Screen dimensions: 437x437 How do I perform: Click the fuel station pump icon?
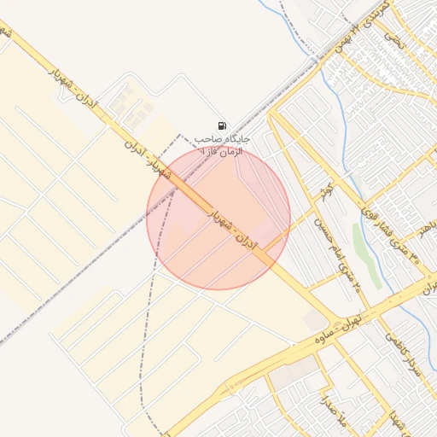point(222,125)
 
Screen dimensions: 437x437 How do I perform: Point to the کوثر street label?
point(325,192)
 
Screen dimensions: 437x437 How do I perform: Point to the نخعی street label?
point(392,38)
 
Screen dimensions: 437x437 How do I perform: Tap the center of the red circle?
point(218,218)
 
